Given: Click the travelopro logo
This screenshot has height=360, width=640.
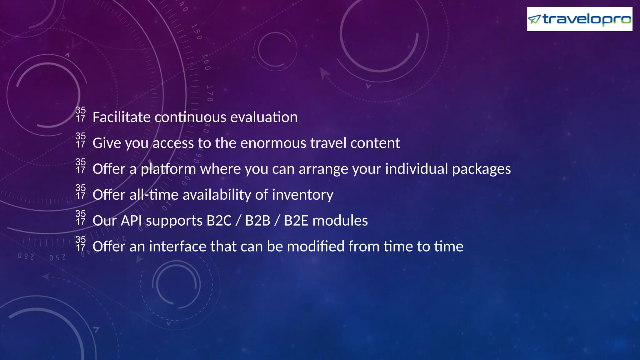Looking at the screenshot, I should pyautogui.click(x=579, y=19).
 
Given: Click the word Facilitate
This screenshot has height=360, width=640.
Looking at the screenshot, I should pyautogui.click(x=122, y=117).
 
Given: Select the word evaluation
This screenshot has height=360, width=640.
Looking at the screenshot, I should pyautogui.click(x=264, y=117).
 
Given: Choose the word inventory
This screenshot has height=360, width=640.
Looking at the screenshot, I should pyautogui.click(x=303, y=195).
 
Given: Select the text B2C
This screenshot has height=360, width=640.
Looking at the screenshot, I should pyautogui.click(x=219, y=221).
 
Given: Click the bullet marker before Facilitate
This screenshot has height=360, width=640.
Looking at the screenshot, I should pyautogui.click(x=81, y=114).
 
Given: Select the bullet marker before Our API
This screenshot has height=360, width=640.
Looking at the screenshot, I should pyautogui.click(x=81, y=218).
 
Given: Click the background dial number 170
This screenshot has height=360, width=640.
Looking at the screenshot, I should pyautogui.click(x=210, y=93).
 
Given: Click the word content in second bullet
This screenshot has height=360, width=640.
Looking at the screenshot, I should pyautogui.click(x=375, y=143).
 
